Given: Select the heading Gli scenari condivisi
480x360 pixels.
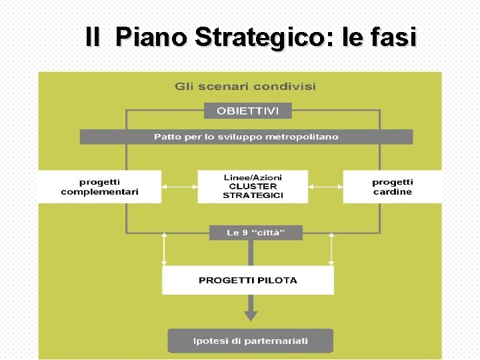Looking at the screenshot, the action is (x=245, y=86).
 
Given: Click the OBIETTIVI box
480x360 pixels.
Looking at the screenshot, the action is (x=248, y=110).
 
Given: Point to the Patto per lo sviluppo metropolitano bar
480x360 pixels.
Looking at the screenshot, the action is (x=246, y=137).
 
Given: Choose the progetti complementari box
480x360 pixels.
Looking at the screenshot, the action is (x=100, y=187).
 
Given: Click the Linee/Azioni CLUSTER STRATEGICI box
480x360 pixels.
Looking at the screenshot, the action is (x=253, y=187).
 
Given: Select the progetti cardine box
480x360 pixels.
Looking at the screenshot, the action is (x=392, y=187).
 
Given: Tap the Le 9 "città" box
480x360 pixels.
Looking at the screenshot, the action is (x=255, y=233).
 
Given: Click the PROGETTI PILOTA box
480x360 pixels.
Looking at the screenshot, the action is (x=248, y=280).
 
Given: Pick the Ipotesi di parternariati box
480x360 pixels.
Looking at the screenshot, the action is (x=250, y=341).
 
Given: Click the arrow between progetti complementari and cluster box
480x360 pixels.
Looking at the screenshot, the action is (x=179, y=187).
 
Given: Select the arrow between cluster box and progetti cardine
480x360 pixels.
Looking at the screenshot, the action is (x=325, y=187).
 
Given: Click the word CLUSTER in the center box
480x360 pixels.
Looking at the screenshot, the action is (x=253, y=187).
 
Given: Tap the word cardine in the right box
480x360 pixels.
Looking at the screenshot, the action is (x=392, y=192).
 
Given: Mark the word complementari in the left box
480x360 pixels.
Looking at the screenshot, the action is (x=100, y=192).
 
